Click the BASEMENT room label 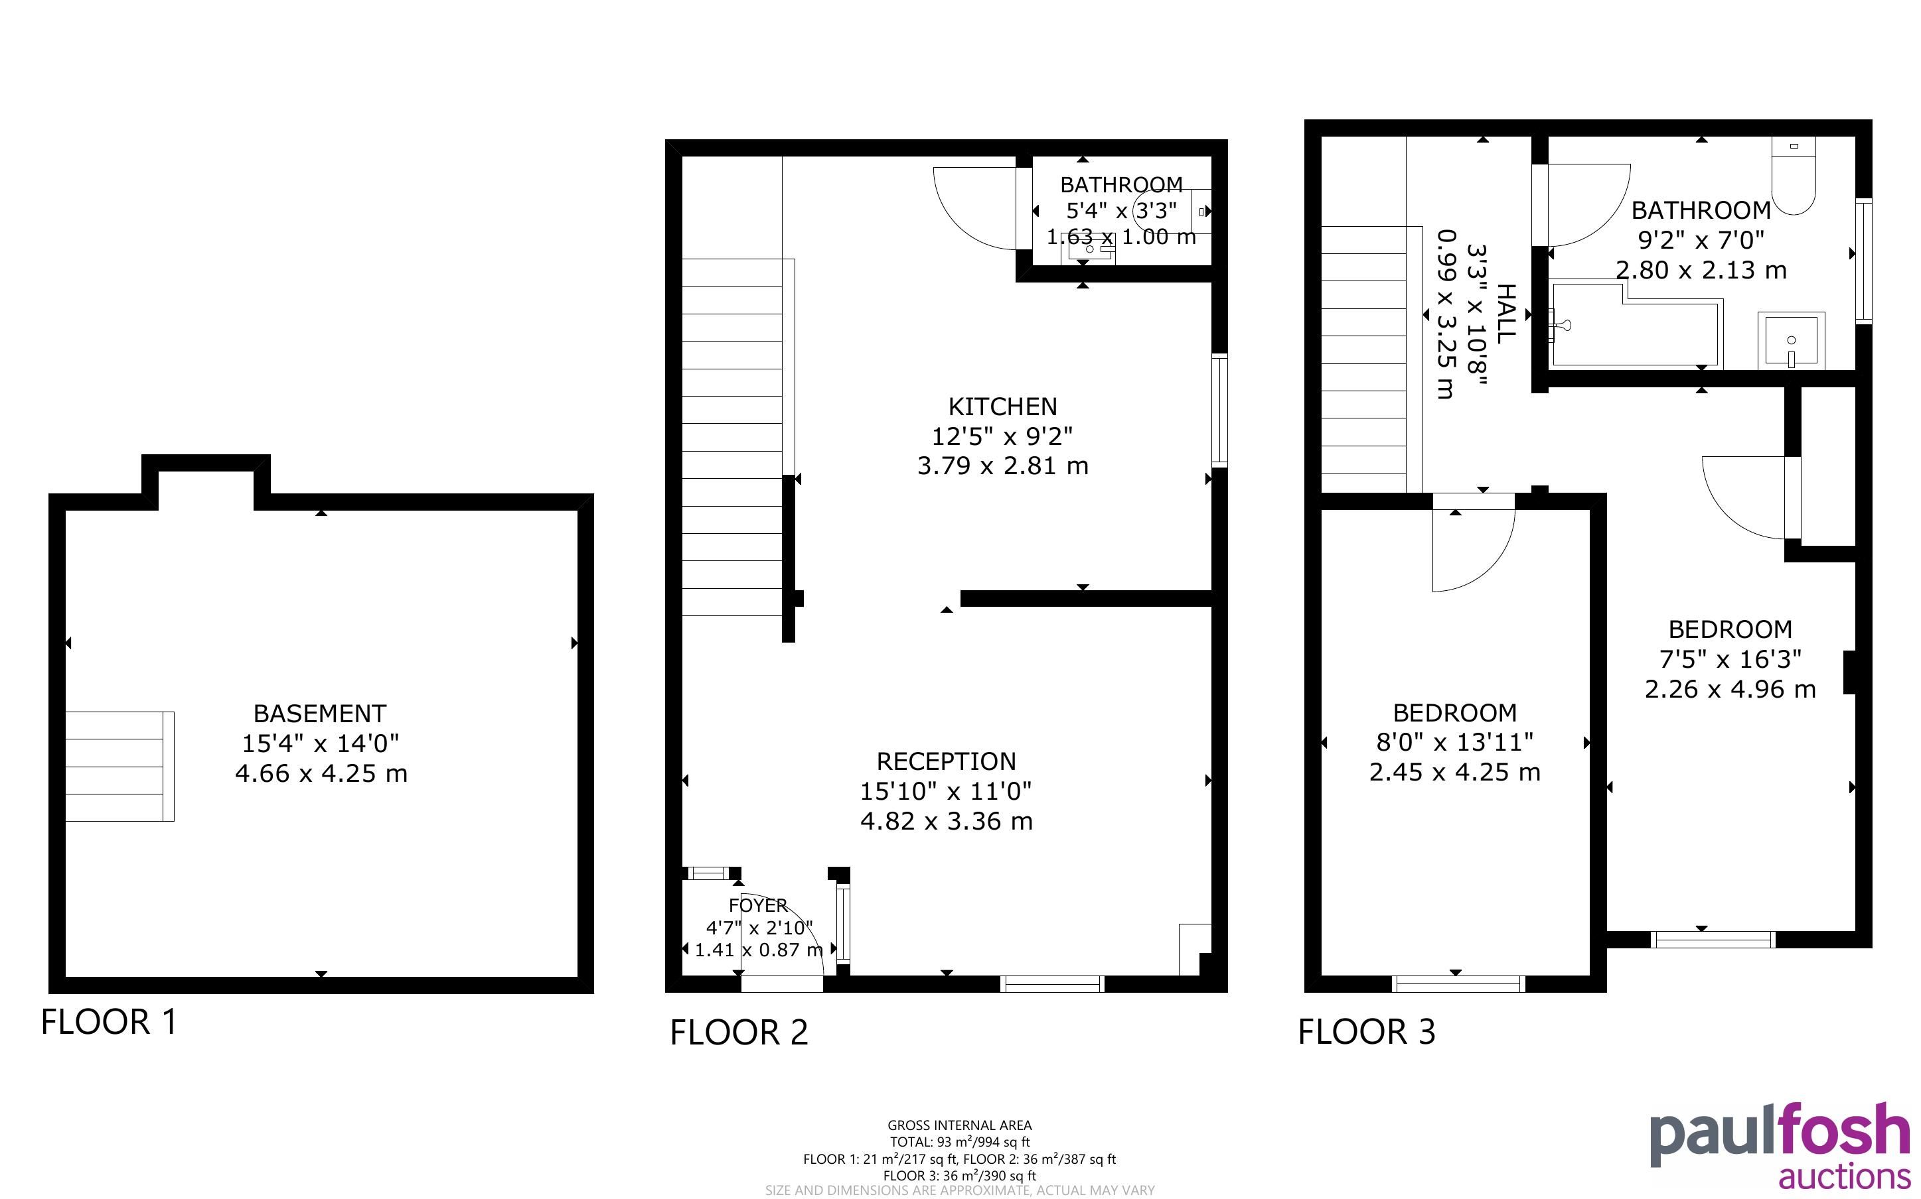click(x=320, y=714)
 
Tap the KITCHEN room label click(x=1003, y=407)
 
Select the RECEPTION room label click(x=946, y=761)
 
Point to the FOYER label click(x=758, y=905)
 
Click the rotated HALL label click(x=1505, y=314)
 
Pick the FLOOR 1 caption click(x=109, y=1021)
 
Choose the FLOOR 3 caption click(x=1366, y=1032)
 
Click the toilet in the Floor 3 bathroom click(x=1794, y=175)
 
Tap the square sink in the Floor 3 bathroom click(x=1791, y=341)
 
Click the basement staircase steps click(x=119, y=766)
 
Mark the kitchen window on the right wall click(x=1219, y=410)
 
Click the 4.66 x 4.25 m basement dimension click(x=321, y=773)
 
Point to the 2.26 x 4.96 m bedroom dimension click(x=1730, y=689)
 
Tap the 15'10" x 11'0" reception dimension click(x=946, y=791)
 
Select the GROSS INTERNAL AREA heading click(x=959, y=1125)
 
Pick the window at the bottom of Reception click(x=1052, y=984)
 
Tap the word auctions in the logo click(x=1844, y=1175)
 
